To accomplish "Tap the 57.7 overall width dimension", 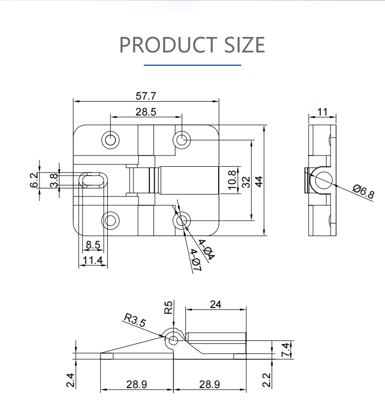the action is [x=146, y=96].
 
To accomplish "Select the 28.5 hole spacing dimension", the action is [x=146, y=112].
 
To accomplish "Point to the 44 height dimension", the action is [x=259, y=181].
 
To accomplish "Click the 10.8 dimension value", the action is [x=232, y=180].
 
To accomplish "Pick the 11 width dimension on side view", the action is [x=322, y=112].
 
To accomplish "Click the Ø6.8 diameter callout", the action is [x=363, y=191].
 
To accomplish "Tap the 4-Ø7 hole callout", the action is [x=196, y=260].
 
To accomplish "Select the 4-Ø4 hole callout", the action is [x=207, y=249].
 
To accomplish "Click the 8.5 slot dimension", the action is [x=93, y=245].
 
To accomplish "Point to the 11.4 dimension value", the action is [x=93, y=260].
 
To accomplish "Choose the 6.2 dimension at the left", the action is [x=34, y=180].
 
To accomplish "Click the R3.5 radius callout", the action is [x=135, y=320].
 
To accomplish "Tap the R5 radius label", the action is [x=168, y=307].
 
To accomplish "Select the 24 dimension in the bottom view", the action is [x=216, y=304].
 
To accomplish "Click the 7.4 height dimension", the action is [x=285, y=350].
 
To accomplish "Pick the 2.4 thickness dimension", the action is [x=70, y=380].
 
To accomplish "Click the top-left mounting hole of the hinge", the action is [x=110, y=140].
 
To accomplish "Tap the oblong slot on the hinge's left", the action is [x=93, y=180].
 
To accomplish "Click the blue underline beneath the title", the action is [x=192, y=65].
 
